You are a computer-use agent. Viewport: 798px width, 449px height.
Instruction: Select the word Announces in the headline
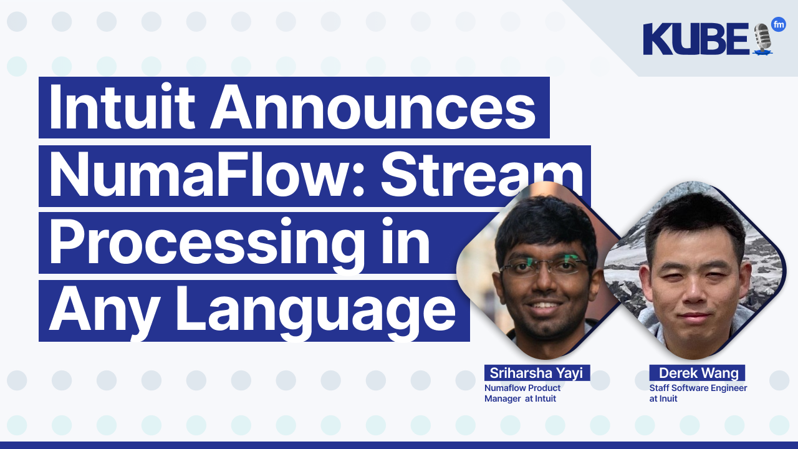click(x=372, y=108)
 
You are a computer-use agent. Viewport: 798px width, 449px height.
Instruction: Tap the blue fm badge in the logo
click(x=778, y=25)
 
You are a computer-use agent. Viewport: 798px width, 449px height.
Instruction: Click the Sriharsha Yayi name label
click(x=537, y=373)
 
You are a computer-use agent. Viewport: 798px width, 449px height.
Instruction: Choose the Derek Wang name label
click(x=697, y=373)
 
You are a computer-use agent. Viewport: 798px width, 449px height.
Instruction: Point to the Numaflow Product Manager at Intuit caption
click(x=522, y=393)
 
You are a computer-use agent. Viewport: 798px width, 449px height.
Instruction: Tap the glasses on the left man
click(x=543, y=267)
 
